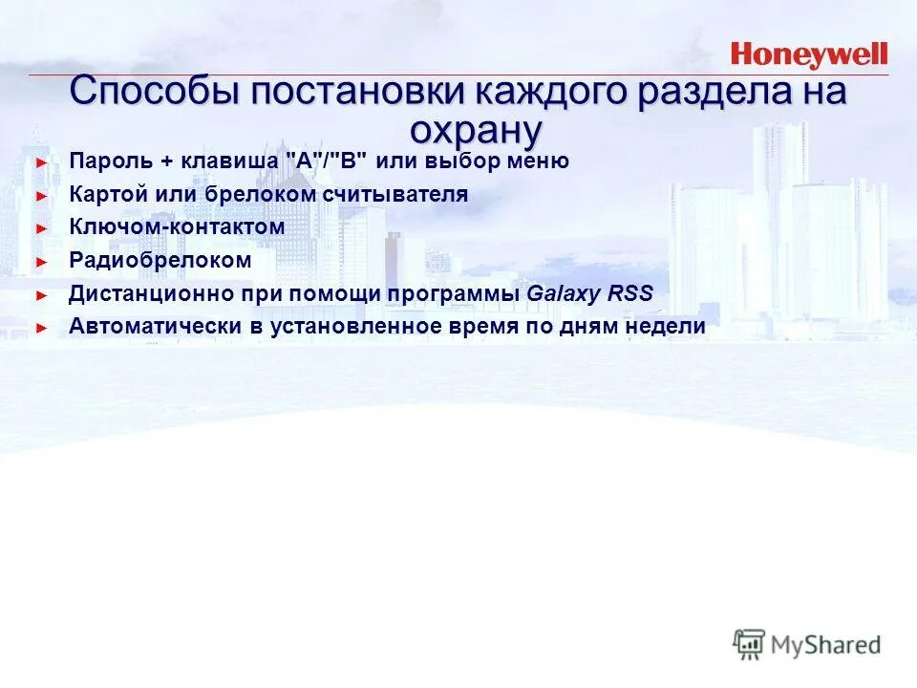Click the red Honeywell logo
tap(809, 54)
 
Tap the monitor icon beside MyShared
tap(749, 644)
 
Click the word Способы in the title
tap(153, 94)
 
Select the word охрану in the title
tap(476, 129)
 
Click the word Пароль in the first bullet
tap(106, 161)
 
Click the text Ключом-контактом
tap(177, 227)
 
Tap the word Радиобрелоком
tap(160, 260)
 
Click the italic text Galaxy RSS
tap(590, 293)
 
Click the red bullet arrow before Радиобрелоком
tap(41, 261)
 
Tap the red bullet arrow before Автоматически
tap(41, 327)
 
